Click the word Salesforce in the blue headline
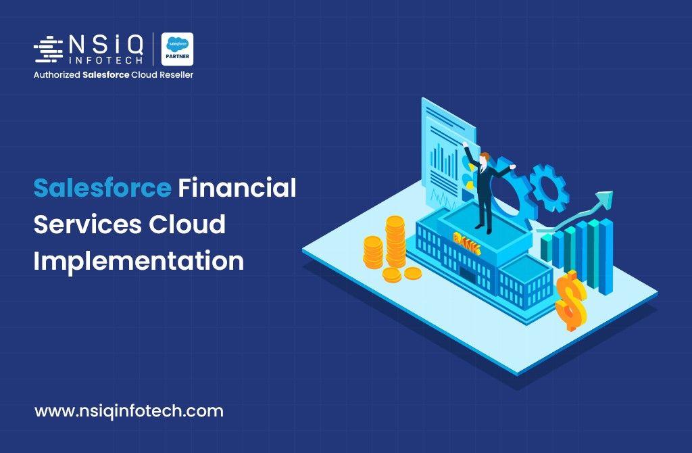103,188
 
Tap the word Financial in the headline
237,188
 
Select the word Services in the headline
87,224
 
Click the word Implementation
139,261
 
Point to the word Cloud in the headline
187,224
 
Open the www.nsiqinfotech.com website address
129,411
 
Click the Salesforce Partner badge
178,49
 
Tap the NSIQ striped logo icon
49,49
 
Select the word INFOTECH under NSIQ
106,60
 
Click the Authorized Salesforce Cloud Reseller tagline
114,74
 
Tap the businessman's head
485,158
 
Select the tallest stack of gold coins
395,241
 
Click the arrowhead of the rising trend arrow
605,198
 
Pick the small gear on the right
549,188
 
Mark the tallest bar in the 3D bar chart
605,256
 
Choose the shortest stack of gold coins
413,274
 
